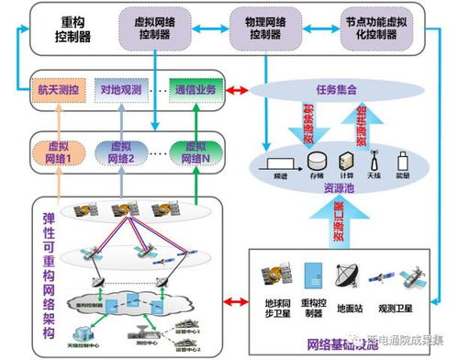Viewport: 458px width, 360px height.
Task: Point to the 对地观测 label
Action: point(121,91)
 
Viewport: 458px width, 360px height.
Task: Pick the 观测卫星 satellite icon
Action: point(400,276)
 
